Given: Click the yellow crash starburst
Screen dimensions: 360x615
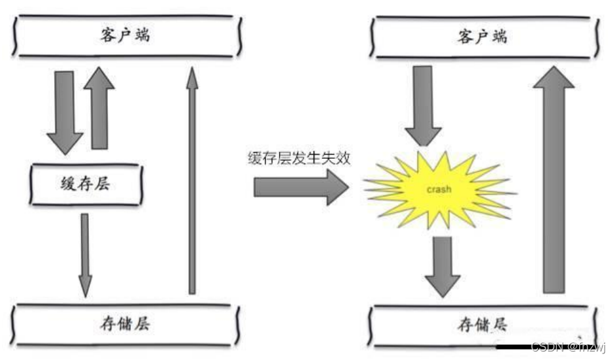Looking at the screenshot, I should coord(439,190).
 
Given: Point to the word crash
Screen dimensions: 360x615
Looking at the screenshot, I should coord(439,190).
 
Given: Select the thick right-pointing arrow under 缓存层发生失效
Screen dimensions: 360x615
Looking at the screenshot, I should coord(301,188).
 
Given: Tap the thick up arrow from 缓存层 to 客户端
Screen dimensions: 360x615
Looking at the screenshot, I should coord(99,108).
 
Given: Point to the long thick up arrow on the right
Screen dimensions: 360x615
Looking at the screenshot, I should coord(554,180).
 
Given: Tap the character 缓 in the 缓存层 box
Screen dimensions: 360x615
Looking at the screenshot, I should coord(68,184).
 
